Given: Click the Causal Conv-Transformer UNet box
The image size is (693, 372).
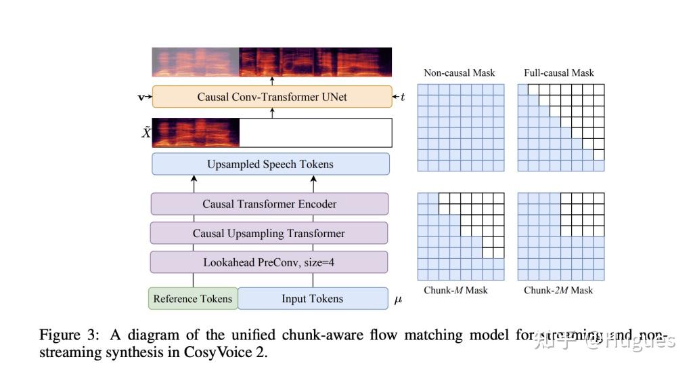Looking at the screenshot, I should (x=272, y=97).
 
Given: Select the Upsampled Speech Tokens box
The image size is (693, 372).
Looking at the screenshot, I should (x=271, y=164).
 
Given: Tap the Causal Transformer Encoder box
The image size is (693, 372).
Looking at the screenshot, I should (x=269, y=204).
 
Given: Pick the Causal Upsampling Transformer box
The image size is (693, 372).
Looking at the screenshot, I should (x=269, y=233).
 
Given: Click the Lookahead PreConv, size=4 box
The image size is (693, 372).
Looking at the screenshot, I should (x=269, y=262).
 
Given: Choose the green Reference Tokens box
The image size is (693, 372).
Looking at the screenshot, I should (x=193, y=298).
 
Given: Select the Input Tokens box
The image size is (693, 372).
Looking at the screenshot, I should (x=312, y=298).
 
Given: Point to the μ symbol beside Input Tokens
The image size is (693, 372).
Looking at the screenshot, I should (x=398, y=299).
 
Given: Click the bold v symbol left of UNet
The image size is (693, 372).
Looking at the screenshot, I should (x=141, y=97).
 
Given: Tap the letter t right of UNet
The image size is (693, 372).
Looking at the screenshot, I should (x=403, y=97).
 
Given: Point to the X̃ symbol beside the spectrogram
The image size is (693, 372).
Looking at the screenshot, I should (x=146, y=133).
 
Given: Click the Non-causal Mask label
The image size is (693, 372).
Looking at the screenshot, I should (x=460, y=73).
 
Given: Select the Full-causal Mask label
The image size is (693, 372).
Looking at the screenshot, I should (x=559, y=73).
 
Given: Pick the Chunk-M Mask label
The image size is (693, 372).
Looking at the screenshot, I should (x=455, y=290).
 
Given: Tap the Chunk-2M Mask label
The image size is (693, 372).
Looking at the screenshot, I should (x=558, y=290).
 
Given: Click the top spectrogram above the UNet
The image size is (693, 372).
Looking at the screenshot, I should (x=272, y=62).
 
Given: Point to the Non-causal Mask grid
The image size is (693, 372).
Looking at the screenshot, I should (x=461, y=127).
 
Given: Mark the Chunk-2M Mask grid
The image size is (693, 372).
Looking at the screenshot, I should (x=561, y=236).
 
